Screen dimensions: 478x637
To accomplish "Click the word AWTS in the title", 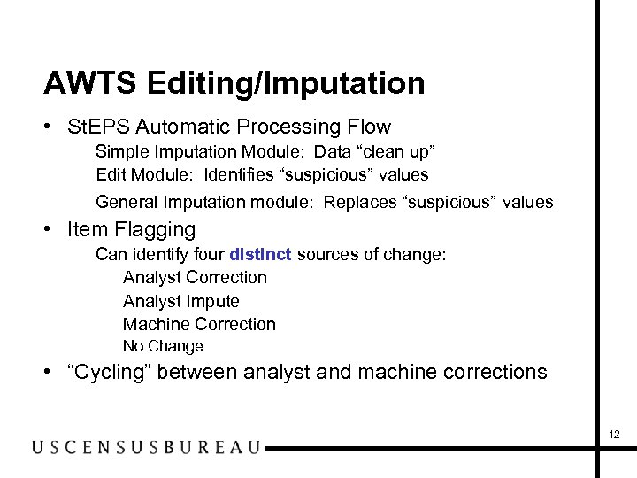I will point(89,84).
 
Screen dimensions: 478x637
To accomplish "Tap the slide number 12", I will point(615,434).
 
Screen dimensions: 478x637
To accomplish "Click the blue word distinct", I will point(260,255).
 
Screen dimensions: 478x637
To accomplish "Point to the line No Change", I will point(163,346).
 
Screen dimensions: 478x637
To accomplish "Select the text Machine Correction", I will point(199,324).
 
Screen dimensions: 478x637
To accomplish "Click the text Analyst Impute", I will point(180,301).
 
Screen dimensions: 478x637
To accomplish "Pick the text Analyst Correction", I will point(195,277).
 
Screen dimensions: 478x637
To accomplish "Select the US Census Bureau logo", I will point(146,447).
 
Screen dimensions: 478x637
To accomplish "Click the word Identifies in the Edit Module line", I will point(242,174).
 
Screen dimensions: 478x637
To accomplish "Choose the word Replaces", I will point(360,202).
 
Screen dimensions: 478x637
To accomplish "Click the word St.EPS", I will point(95,127).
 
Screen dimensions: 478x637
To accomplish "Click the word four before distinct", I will point(208,255).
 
